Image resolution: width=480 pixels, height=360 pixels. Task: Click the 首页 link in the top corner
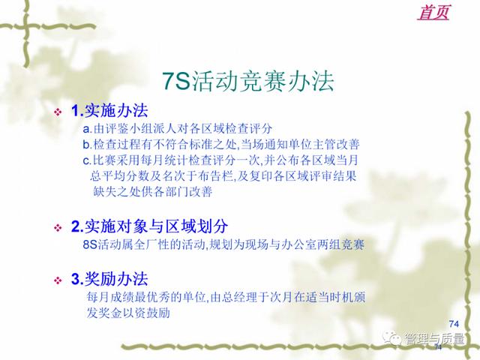coord(433,13)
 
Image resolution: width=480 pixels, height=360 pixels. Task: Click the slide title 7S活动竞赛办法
coord(247,82)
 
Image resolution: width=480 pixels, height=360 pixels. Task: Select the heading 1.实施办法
coord(109,110)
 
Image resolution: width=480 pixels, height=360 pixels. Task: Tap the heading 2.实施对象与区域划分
coord(149,226)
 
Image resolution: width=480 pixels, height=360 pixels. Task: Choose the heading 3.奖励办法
coord(109,279)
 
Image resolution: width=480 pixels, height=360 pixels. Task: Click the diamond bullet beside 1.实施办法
coord(58,112)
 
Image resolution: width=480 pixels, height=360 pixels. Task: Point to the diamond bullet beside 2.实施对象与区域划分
coord(58,228)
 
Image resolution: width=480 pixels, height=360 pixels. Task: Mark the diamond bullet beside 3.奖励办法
coord(58,280)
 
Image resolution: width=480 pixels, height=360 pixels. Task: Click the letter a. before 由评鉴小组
coord(87,129)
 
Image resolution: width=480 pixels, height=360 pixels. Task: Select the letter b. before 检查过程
coord(87,144)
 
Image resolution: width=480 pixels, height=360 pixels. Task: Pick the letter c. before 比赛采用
coord(87,160)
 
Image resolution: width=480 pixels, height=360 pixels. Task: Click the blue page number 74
coord(454,323)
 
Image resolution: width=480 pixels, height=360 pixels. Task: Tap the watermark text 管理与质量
coord(434,339)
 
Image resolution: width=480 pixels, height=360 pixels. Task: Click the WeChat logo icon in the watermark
coord(392,338)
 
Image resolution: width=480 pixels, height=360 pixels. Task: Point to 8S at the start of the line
coord(90,244)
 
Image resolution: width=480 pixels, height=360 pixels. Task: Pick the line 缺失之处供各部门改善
coord(152,192)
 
